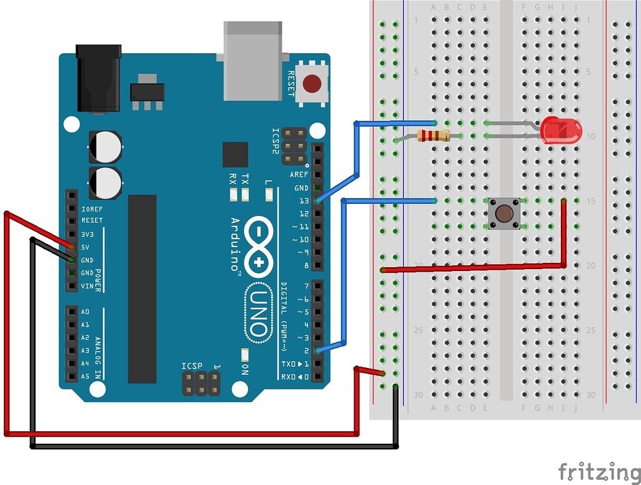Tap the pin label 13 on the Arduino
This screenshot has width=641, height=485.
coord(304,201)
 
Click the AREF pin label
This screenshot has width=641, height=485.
coord(299,175)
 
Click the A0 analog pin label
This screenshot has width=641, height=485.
coord(85,312)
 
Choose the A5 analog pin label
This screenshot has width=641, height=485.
coord(85,376)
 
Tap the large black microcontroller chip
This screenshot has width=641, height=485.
coord(142,288)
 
